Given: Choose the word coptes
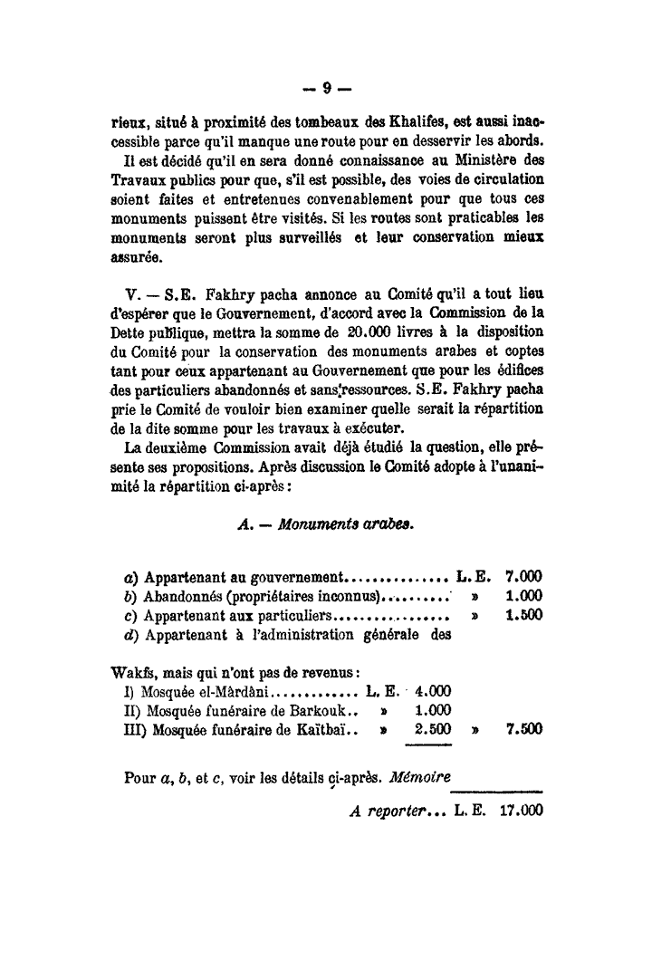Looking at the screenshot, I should coord(522,350).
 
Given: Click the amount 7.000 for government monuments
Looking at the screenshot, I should coord(524,576).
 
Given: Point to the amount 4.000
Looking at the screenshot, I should coord(433,691).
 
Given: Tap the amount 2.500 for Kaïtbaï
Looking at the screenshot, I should coord(433,729).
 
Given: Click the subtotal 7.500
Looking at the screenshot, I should coord(524,729).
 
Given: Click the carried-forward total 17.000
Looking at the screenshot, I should coord(521,812).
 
